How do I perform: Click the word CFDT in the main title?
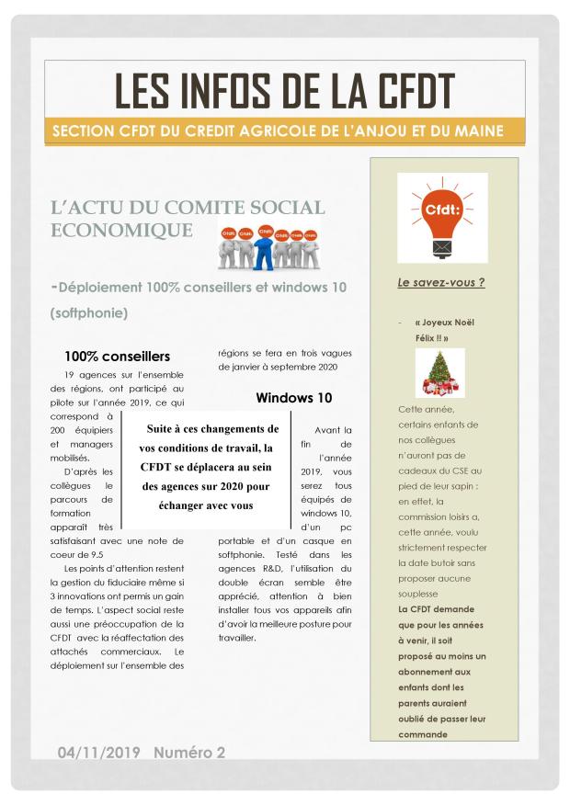click(x=401, y=91)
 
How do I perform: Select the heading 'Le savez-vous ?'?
click(x=440, y=282)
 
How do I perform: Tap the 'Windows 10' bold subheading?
click(x=294, y=398)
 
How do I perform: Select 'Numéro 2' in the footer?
click(x=189, y=753)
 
